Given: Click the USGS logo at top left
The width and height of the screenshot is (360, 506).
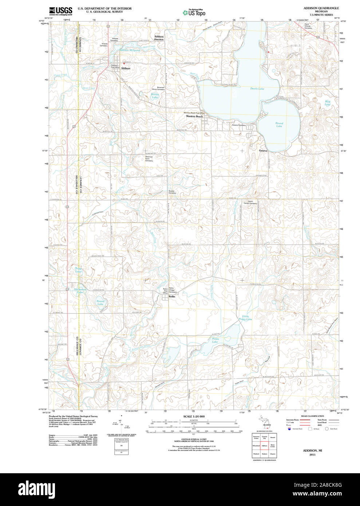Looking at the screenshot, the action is pyautogui.click(x=60, y=11).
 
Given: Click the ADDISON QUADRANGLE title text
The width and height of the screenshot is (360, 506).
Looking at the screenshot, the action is pyautogui.click(x=321, y=8).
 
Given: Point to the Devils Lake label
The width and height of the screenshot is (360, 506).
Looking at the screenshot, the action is pyautogui.click(x=257, y=89).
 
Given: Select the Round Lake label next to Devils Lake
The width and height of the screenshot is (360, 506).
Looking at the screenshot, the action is pyautogui.click(x=279, y=124).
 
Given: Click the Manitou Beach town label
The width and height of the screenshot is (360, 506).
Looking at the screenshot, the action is pyautogui.click(x=194, y=116).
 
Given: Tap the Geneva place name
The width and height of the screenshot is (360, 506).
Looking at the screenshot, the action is pyautogui.click(x=263, y=151).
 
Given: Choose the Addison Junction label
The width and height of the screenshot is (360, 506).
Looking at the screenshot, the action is pyautogui.click(x=159, y=38).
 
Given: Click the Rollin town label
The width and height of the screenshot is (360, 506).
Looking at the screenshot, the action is pyautogui.click(x=171, y=297).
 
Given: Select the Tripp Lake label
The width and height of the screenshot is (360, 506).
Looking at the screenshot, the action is pyautogui.click(x=78, y=270).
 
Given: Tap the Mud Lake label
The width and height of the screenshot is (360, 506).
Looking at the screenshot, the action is pyautogui.click(x=327, y=103).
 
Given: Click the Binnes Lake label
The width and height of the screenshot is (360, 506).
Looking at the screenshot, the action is pyautogui.click(x=155, y=96).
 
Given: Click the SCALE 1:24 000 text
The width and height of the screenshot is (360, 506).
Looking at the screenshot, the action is pyautogui.click(x=194, y=416).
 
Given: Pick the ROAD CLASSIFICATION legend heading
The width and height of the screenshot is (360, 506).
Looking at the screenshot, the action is pyautogui.click(x=312, y=416).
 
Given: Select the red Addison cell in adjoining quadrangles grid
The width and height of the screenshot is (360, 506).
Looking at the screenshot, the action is pyautogui.click(x=265, y=446).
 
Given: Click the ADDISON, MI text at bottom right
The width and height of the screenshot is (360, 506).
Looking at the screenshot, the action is pyautogui.click(x=312, y=450).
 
